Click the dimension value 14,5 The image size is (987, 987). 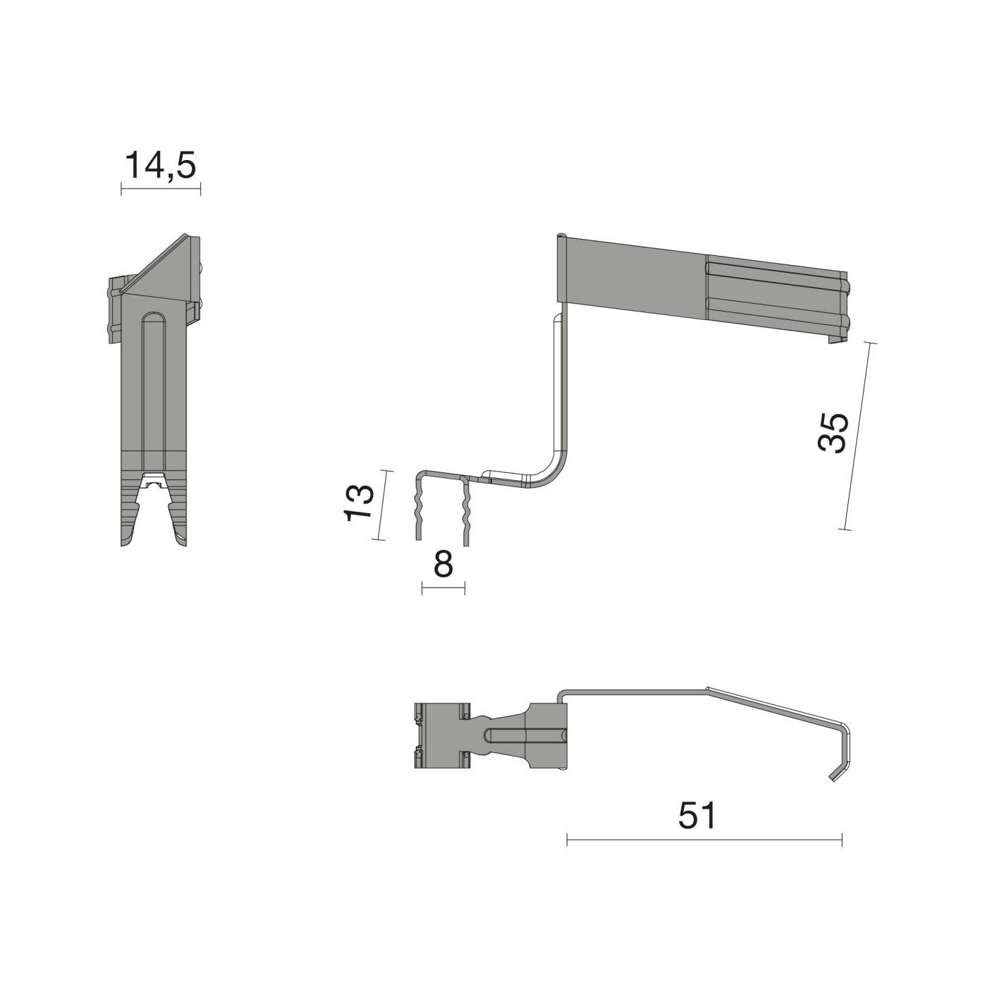(160, 166)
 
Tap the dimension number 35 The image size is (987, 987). (833, 432)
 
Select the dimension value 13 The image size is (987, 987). (359, 502)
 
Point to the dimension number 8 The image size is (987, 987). (443, 564)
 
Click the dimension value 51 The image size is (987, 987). (697, 816)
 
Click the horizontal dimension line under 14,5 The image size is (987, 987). (161, 188)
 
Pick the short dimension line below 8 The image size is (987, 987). (443, 588)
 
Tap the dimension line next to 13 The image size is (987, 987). (382, 505)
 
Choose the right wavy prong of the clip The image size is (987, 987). (465, 511)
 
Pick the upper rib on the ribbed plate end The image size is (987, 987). (775, 274)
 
